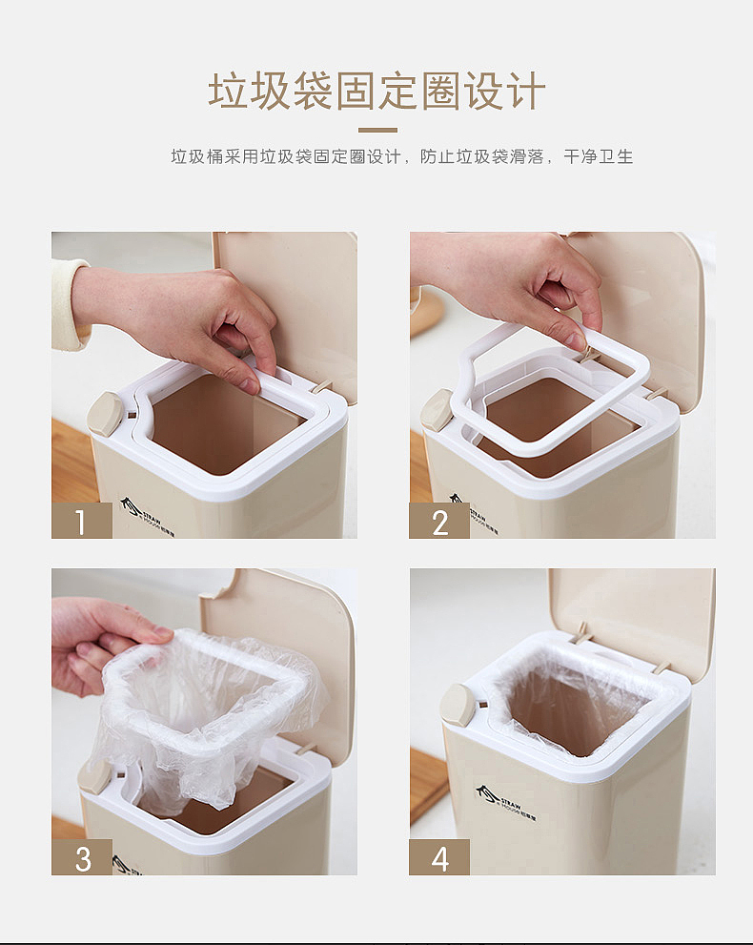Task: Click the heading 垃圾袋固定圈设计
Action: point(376,92)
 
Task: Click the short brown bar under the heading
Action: point(376,130)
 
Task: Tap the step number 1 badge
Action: point(81,521)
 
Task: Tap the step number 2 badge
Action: point(439,521)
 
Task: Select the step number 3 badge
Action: point(81,857)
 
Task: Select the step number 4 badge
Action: point(439,857)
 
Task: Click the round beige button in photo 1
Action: point(105,414)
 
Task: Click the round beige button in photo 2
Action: point(437,410)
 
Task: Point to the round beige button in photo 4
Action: point(459,705)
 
